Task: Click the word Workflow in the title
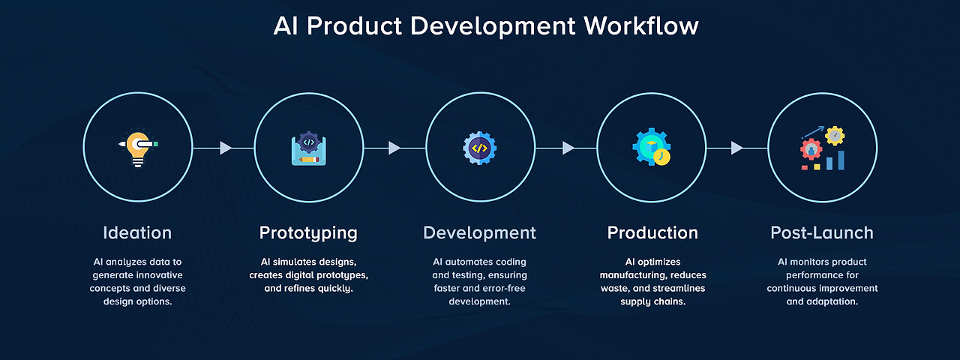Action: [641, 26]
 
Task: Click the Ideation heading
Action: [137, 233]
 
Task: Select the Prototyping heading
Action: [308, 233]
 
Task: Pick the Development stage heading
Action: [479, 233]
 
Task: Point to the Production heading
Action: [652, 233]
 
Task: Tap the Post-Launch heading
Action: [822, 233]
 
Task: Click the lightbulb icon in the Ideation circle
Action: [137, 148]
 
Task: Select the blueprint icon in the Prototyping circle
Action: [308, 148]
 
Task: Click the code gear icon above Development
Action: [480, 148]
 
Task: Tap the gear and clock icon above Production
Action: [651, 148]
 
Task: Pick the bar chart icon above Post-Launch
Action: [823, 148]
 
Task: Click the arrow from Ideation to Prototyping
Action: [225, 148]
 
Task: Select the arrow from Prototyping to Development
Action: [394, 148]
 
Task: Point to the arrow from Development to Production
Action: [568, 148]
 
